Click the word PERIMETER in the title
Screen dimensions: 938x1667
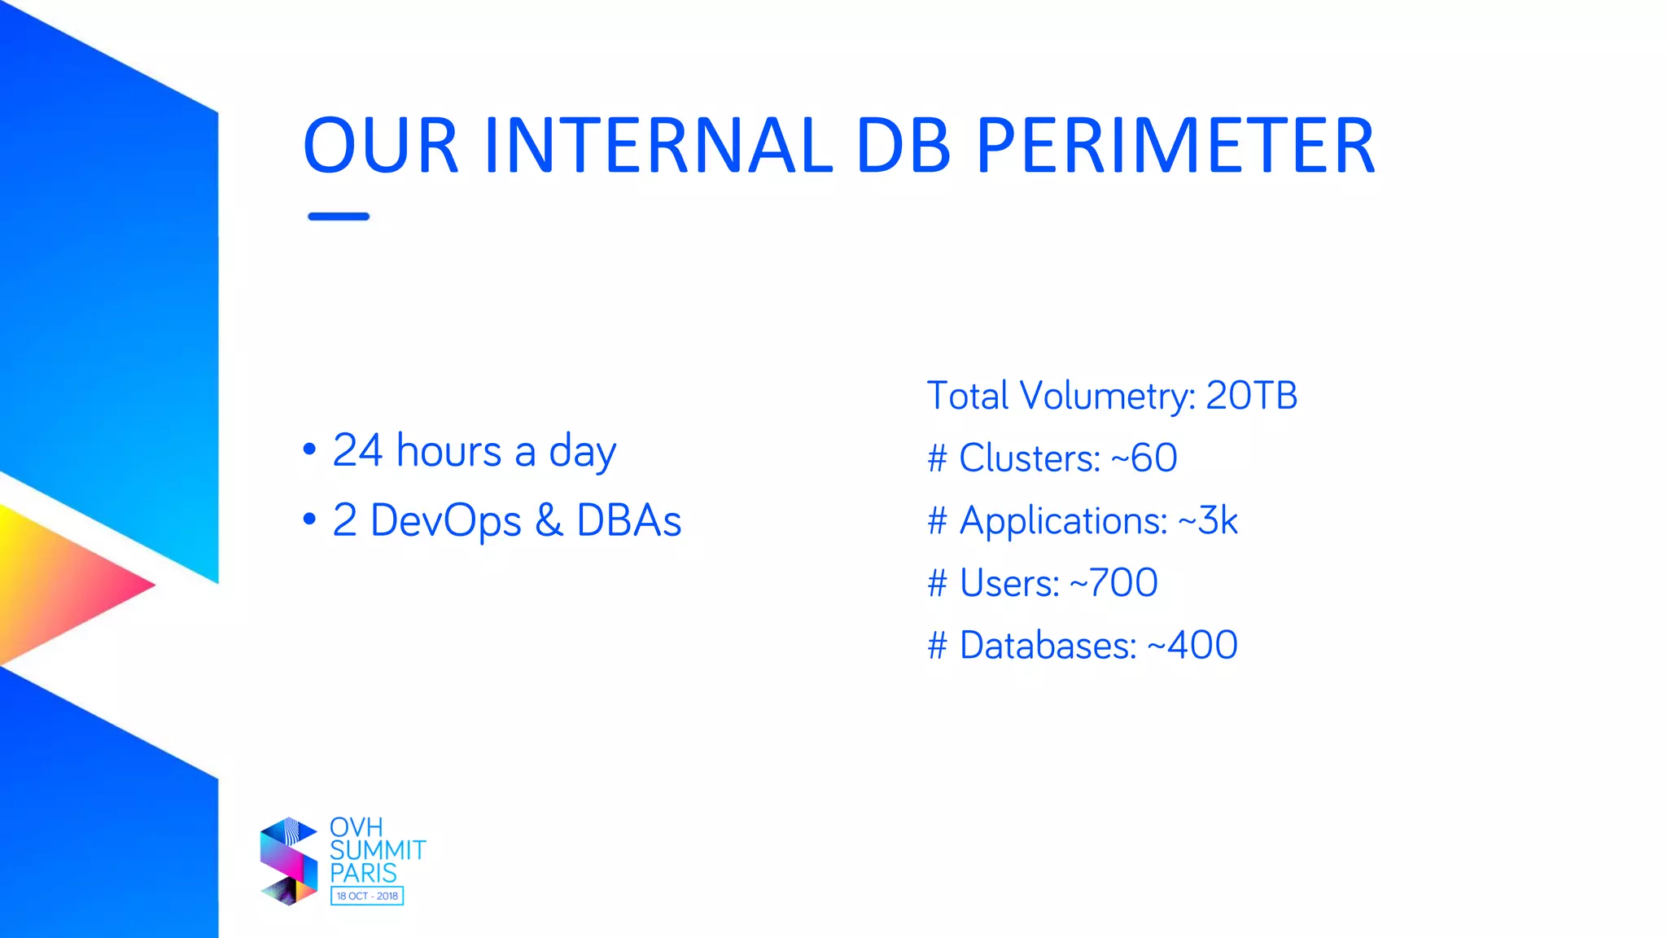[1175, 147]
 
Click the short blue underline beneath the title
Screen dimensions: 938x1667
[339, 217]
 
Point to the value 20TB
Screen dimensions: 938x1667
[1251, 396]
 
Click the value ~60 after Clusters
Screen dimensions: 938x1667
[1144, 458]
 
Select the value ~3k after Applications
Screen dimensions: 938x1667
[1207, 520]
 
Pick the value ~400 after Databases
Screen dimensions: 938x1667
[1192, 646]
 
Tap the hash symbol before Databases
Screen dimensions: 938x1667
[938, 646]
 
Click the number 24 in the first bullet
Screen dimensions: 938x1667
[357, 450]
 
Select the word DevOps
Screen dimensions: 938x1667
[445, 522]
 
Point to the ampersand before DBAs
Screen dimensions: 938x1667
[549, 520]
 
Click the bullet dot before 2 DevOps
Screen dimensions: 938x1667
[309, 519]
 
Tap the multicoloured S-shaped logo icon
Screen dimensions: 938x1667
[288, 861]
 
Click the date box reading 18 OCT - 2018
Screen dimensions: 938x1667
[367, 896]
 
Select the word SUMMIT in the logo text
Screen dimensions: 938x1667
[378, 850]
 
